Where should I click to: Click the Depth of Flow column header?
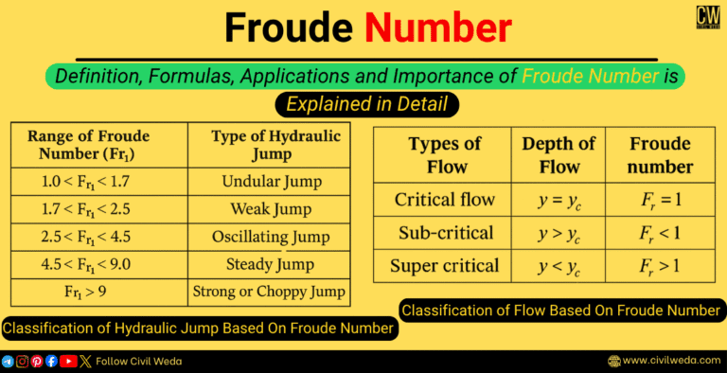559,155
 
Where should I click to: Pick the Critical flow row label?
445,200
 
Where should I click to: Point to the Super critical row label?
445,265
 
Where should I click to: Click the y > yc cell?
559,233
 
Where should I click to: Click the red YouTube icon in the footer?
68,361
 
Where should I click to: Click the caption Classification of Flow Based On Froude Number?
563,310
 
